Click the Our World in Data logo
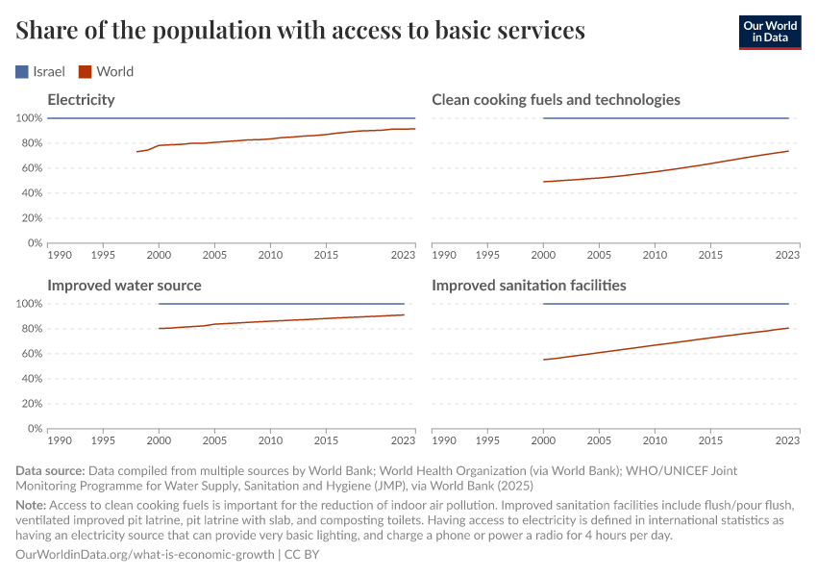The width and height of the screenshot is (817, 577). click(769, 31)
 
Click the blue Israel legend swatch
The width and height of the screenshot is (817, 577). click(23, 71)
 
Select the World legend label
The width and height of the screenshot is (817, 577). click(114, 71)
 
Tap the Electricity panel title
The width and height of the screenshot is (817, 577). click(81, 100)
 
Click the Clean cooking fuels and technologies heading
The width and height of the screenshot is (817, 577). click(556, 100)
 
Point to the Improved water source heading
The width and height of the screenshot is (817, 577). click(124, 286)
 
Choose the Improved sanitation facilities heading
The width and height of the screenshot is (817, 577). click(529, 286)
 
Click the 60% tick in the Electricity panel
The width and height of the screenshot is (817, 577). click(29, 168)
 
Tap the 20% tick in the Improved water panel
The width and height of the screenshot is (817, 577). click(29, 404)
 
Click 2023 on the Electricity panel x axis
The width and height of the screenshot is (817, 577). click(403, 256)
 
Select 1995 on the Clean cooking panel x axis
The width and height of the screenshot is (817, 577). click(488, 256)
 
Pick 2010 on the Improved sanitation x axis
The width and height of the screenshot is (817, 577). click(655, 441)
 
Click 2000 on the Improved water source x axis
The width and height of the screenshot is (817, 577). click(159, 441)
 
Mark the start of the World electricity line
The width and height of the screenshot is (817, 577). click(137, 152)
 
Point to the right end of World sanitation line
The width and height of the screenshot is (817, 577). click(788, 328)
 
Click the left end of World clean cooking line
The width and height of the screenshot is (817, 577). click(544, 182)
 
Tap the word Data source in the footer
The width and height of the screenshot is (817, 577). click(50, 472)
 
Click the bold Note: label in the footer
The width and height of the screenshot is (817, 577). click(31, 505)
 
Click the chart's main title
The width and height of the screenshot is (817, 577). click(301, 31)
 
